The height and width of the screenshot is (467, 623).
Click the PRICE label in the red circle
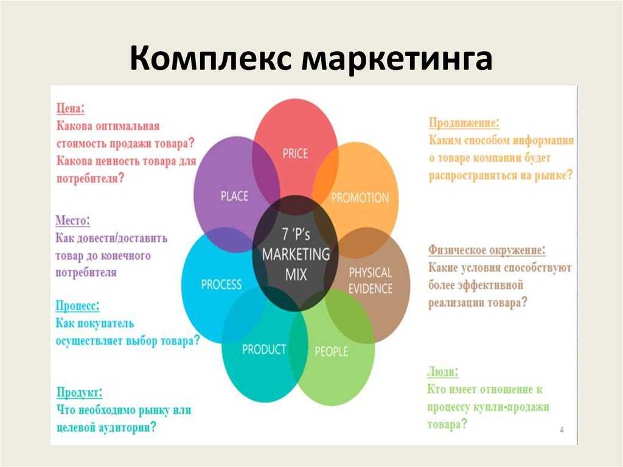pyautogui.click(x=295, y=153)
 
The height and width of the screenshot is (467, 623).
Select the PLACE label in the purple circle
pyautogui.click(x=234, y=196)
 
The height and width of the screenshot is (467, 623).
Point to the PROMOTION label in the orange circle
pyautogui.click(x=360, y=198)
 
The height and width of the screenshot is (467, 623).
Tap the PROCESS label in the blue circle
pyautogui.click(x=221, y=284)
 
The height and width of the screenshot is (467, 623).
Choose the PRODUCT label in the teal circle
pyautogui.click(x=264, y=349)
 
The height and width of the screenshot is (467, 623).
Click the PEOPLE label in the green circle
pyautogui.click(x=331, y=351)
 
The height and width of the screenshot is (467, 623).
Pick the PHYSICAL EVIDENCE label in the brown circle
pyautogui.click(x=370, y=280)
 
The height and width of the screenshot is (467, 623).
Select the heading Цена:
pyautogui.click(x=71, y=109)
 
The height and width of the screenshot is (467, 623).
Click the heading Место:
pyautogui.click(x=73, y=220)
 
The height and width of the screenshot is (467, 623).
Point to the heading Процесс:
pyautogui.click(x=77, y=305)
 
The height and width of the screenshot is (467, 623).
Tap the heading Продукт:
pyautogui.click(x=79, y=392)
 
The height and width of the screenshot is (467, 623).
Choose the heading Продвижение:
pyautogui.click(x=464, y=122)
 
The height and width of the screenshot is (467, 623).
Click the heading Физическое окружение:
pyautogui.click(x=487, y=250)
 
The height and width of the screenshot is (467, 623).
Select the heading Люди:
pyautogui.click(x=443, y=371)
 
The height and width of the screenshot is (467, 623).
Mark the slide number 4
pyautogui.click(x=561, y=430)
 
